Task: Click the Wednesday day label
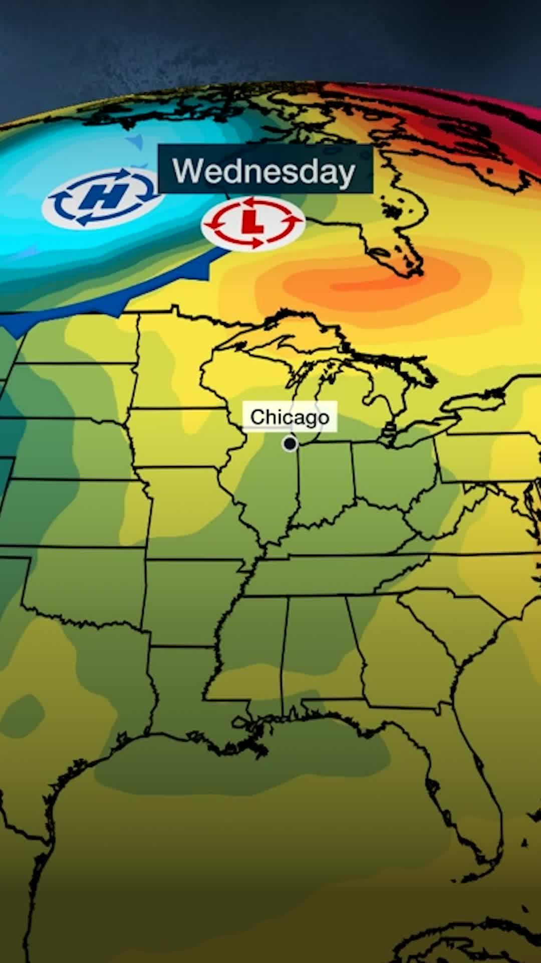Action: [264, 171]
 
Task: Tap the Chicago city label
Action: [290, 417]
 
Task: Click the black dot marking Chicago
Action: [290, 443]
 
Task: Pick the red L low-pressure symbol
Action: [253, 223]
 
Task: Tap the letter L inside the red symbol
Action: [252, 222]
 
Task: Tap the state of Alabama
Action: [321, 647]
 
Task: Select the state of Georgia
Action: [401, 652]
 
